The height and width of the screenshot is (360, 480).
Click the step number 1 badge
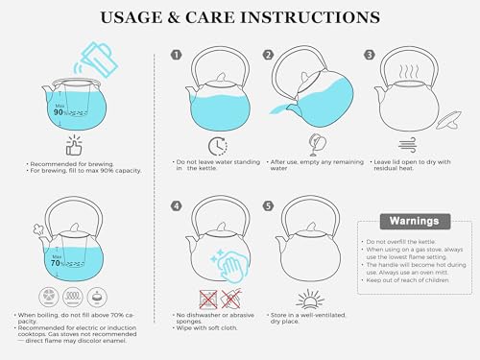tap(176, 55)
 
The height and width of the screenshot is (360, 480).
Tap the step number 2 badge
tap(268, 55)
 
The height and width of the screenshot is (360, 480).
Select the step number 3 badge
tap(370, 55)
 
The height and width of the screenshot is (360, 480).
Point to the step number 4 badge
tap(177, 205)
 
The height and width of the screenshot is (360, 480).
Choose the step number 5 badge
tap(268, 205)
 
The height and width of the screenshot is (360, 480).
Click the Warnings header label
tap(415, 221)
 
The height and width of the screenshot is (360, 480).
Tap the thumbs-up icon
tap(74, 146)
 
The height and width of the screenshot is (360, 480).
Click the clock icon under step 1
tap(218, 146)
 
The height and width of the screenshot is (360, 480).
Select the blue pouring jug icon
tap(96, 60)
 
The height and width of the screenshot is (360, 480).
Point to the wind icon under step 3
tap(407, 145)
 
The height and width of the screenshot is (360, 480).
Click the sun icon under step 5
tap(310, 299)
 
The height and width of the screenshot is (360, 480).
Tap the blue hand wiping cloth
tap(229, 266)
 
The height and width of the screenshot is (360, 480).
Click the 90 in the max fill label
tap(59, 112)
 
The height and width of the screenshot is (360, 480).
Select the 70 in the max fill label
tap(56, 263)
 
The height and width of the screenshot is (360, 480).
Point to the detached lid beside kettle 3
tap(449, 120)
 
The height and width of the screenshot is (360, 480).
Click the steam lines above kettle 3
tap(409, 72)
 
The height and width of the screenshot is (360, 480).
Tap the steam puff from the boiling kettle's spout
tap(38, 230)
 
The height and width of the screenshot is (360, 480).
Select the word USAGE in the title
tap(132, 17)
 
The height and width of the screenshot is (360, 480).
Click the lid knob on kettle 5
tap(310, 228)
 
